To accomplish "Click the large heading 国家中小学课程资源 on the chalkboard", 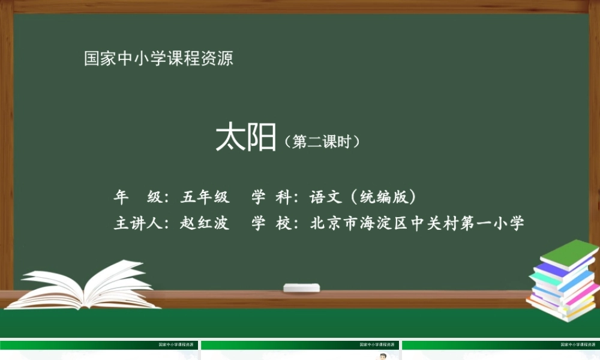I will coord(158,59).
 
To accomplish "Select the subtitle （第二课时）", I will coord(322,142).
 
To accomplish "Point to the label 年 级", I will coord(138,197).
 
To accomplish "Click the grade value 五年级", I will coord(205,197).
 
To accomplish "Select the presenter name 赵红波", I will coord(205,224).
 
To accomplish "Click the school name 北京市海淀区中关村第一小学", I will coord(417,224).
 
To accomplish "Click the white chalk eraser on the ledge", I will coord(301,287).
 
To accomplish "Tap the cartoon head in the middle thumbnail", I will coord(382,357).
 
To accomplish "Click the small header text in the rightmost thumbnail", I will coord(578,345).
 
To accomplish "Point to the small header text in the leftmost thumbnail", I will coord(176,345).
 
